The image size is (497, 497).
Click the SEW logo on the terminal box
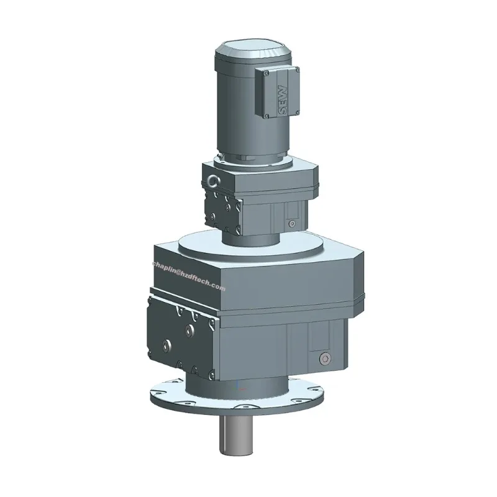click(283, 100)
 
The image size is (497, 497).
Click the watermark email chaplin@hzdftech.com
click(189, 276)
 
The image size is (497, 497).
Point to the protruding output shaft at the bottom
click(236, 436)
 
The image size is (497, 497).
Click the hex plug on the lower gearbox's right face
click(325, 359)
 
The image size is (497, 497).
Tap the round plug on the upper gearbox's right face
click(292, 224)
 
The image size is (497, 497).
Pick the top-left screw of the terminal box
click(266, 73)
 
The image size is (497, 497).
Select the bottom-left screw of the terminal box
click(267, 116)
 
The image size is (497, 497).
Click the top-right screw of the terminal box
click(297, 70)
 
